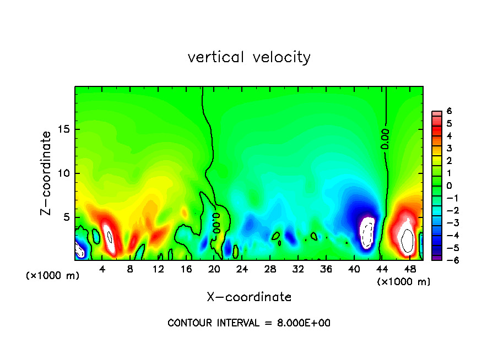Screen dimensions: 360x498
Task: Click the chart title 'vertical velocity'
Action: pyautogui.click(x=249, y=57)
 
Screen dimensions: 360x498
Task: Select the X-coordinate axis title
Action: pyautogui.click(x=249, y=297)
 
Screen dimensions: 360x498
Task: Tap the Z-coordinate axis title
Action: pyautogui.click(x=47, y=173)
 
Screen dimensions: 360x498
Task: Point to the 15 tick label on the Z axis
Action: pyautogui.click(x=63, y=129)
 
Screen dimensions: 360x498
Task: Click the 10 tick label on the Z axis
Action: pyautogui.click(x=63, y=173)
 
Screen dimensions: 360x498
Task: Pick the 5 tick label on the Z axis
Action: pyautogui.click(x=66, y=217)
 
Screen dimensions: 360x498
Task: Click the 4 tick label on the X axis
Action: pyautogui.click(x=102, y=269)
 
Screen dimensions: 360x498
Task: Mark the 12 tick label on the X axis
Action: pyautogui.click(x=158, y=269)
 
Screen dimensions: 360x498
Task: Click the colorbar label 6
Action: pyautogui.click(x=449, y=111)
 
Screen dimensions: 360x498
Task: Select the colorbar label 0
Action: pyautogui.click(x=449, y=186)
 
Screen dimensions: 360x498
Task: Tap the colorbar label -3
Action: pyautogui.click(x=447, y=223)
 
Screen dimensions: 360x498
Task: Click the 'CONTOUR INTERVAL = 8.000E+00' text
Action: pyautogui.click(x=249, y=323)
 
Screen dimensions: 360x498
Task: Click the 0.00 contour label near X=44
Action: pyautogui.click(x=385, y=139)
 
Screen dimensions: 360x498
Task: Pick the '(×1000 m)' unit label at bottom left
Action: pyautogui.click(x=53, y=276)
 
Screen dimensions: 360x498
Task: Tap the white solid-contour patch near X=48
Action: pyautogui.click(x=408, y=238)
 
